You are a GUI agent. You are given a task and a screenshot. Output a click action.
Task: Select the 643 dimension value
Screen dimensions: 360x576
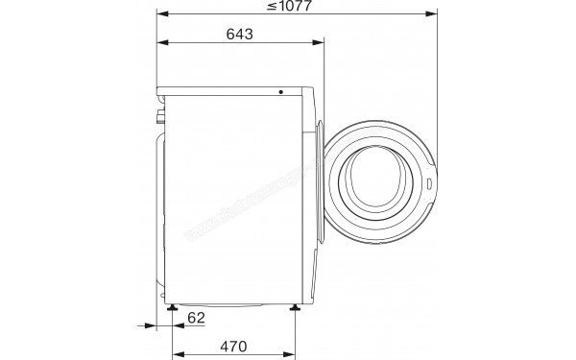[240, 35]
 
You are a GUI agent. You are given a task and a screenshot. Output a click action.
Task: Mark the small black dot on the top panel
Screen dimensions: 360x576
[282, 92]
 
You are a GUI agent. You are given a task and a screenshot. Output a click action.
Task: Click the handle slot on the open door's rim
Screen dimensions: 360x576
[430, 179]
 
